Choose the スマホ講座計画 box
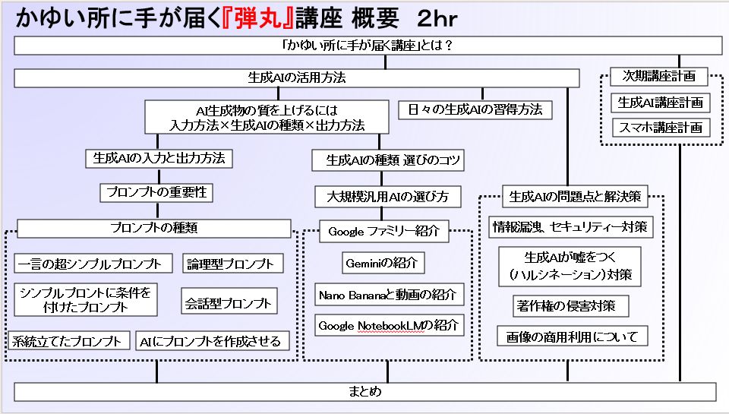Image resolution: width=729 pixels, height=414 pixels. click(660, 127)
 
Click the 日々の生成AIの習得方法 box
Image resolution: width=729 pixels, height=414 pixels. click(475, 109)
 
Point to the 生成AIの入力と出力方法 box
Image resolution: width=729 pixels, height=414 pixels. click(159, 159)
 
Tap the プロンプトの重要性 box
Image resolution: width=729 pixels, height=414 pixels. click(156, 192)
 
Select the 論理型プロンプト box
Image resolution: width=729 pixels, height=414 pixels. click(233, 264)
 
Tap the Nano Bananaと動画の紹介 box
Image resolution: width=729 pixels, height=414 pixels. click(389, 294)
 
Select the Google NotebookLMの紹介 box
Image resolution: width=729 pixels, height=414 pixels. click(389, 326)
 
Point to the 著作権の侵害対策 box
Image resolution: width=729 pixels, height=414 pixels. click(572, 305)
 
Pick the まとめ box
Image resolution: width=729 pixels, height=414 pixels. click(364, 392)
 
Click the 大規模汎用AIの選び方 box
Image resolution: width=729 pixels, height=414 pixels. click(388, 197)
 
